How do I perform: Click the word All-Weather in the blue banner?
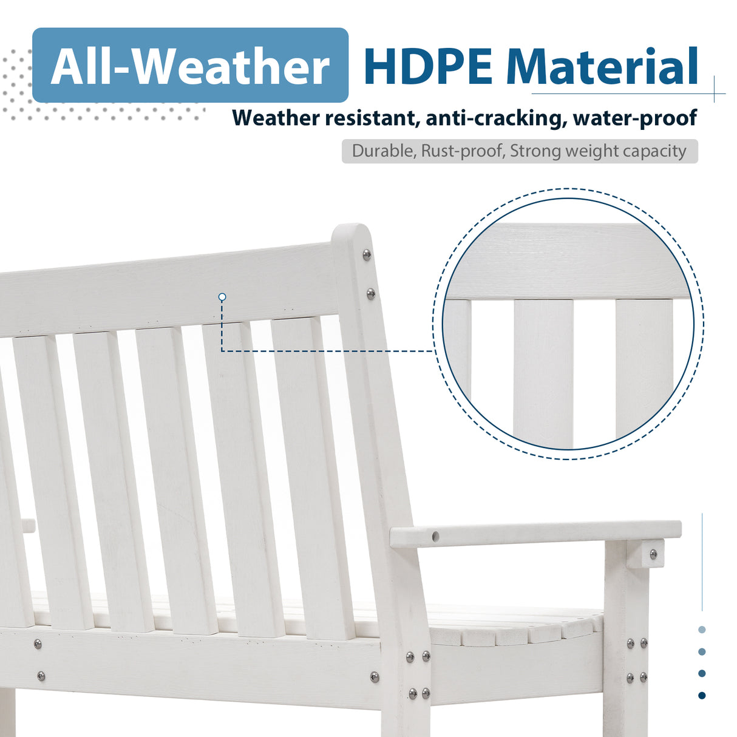coord(190,66)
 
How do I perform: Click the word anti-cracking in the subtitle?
coord(494,118)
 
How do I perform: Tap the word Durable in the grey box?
coord(383,151)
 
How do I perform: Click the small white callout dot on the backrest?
coord(222,297)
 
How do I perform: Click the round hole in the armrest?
coord(435,537)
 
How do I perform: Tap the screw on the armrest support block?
coord(653,554)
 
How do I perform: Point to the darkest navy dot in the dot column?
coord(702,695)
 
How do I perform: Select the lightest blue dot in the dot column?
coord(702,630)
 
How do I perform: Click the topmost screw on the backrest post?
coord(367,254)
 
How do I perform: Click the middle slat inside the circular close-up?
coord(543,370)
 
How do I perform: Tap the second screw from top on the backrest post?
coord(371,294)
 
